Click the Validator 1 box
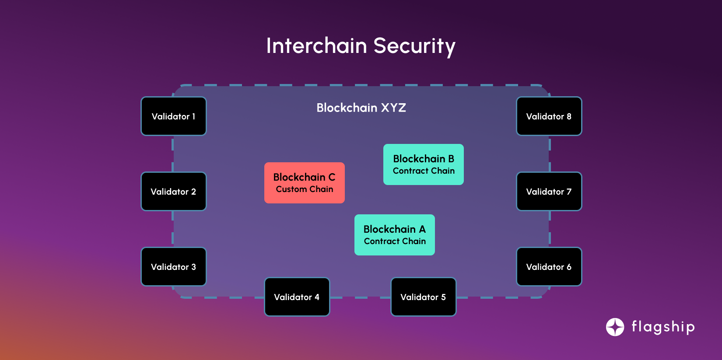174,116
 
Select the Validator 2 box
174,192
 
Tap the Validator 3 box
174,267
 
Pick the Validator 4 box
297,297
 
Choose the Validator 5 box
424,297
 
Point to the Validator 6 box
549,267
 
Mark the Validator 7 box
549,192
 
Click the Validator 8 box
549,116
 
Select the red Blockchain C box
305,182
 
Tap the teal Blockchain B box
424,164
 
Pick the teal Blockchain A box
395,235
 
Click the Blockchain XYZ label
361,108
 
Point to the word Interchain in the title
316,46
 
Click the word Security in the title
414,46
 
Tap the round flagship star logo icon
615,327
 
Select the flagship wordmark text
663,327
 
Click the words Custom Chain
305,189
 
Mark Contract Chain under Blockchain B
424,171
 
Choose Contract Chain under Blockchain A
395,241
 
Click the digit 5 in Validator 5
443,297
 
